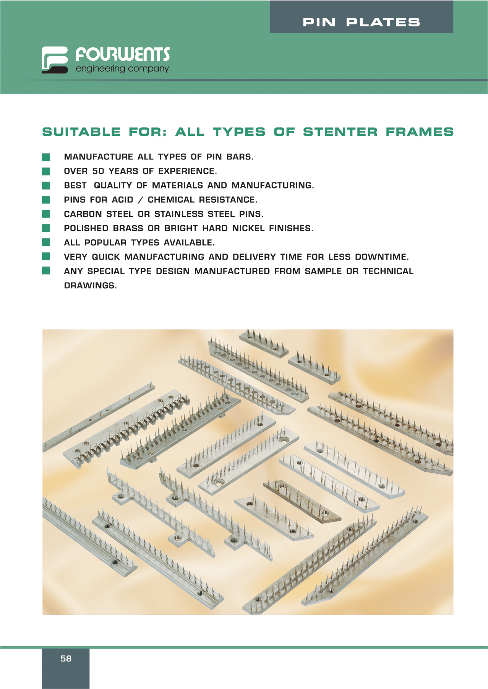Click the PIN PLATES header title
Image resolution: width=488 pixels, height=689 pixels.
click(x=361, y=23)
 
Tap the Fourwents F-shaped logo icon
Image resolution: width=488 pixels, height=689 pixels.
click(x=55, y=60)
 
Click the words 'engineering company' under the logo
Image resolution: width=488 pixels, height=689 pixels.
click(x=122, y=69)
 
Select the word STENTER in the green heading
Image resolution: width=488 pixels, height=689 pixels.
click(x=340, y=132)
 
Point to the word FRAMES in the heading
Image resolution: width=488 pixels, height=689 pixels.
click(x=420, y=132)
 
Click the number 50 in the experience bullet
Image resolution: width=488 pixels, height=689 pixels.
click(x=98, y=171)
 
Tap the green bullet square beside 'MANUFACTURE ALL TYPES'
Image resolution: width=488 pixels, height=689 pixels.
click(x=46, y=157)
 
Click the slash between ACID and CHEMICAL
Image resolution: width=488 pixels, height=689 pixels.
click(x=141, y=200)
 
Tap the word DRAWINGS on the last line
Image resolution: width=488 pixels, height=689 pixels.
click(x=90, y=286)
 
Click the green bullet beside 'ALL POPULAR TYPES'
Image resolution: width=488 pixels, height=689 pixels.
click(x=46, y=242)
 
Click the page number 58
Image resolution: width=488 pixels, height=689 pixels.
click(x=66, y=658)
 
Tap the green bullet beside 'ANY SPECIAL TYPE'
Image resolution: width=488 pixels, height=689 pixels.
click(x=46, y=271)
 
